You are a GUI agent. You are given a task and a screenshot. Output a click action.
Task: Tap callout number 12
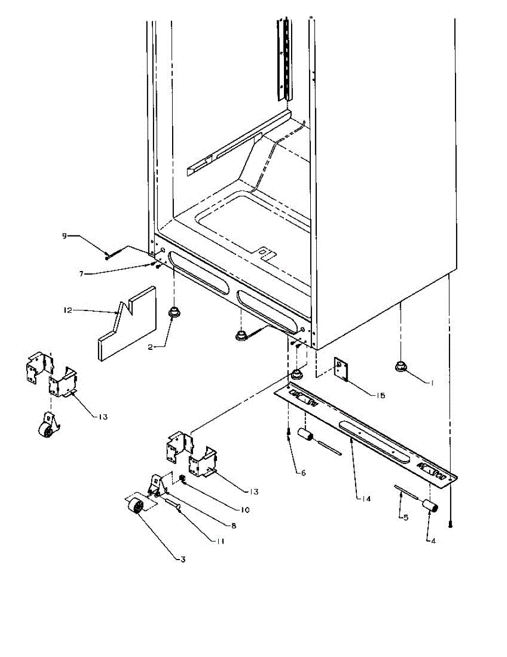[67, 310]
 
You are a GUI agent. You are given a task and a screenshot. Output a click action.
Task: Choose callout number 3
[183, 559]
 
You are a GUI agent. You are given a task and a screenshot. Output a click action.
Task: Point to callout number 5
[406, 517]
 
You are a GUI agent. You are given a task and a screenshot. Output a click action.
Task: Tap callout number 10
[244, 510]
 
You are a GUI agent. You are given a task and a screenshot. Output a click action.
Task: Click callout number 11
[220, 541]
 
